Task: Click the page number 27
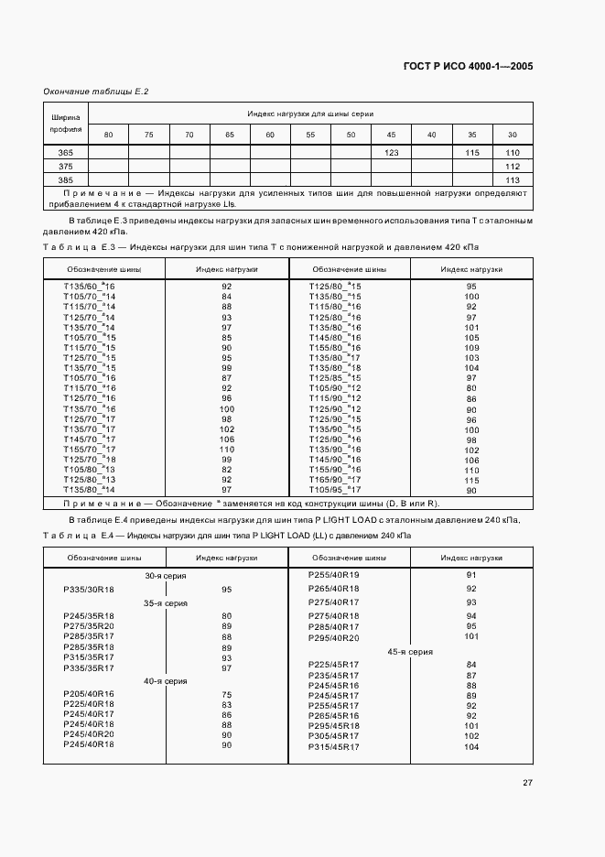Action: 528,783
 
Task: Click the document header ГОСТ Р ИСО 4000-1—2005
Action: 468,67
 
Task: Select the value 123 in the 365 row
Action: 391,152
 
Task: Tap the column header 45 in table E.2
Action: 391,136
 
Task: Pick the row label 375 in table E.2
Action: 66,166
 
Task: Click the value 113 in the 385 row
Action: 513,180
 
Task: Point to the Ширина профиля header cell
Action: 66,123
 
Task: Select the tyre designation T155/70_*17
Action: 89,449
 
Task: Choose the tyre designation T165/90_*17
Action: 335,479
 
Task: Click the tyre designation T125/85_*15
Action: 335,377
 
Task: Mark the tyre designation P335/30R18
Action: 89,590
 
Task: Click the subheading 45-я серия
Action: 410,651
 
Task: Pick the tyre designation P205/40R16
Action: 89,694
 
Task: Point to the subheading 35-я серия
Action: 165,603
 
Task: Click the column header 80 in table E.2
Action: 109,136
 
